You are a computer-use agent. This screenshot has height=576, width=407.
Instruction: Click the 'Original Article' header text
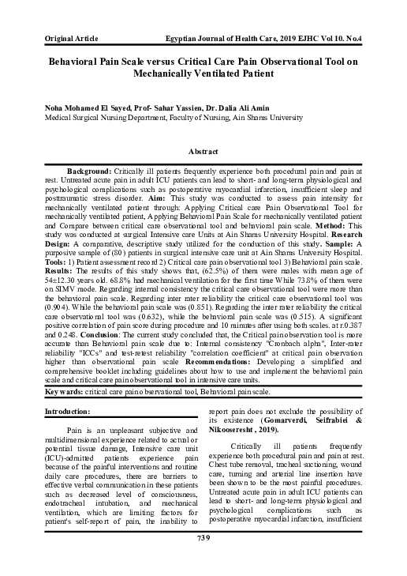coord(72,38)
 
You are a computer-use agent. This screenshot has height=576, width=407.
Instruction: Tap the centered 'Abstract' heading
coord(203,150)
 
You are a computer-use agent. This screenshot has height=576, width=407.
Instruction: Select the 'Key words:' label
coord(68,414)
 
